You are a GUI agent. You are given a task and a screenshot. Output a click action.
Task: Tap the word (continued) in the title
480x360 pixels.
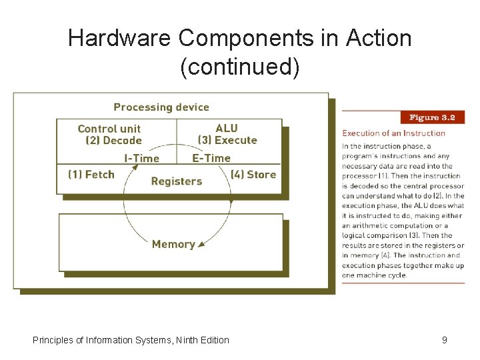(x=240, y=67)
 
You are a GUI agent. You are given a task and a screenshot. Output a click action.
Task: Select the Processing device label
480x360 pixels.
(x=161, y=107)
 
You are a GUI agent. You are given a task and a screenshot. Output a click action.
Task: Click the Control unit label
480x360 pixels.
(x=109, y=129)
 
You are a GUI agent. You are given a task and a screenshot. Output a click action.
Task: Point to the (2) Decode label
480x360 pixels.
(x=114, y=141)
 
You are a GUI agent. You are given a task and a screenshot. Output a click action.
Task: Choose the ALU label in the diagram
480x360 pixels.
(x=227, y=128)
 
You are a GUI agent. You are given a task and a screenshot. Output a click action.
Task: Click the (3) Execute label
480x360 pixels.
(x=227, y=140)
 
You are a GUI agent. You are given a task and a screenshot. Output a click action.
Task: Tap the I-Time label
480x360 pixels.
(x=142, y=158)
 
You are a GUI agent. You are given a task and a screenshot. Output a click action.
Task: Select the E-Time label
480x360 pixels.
(x=211, y=158)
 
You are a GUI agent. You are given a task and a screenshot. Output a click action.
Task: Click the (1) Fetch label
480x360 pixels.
(x=91, y=175)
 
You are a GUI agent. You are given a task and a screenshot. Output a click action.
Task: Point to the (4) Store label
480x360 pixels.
(x=253, y=175)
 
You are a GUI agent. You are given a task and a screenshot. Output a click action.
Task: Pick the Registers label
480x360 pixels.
(x=177, y=181)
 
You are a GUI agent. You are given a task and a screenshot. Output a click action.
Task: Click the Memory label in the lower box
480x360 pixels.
(x=173, y=244)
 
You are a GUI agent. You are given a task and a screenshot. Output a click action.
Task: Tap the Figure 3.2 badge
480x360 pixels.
(x=432, y=117)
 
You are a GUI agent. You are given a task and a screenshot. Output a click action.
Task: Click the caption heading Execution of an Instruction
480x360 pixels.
(x=393, y=133)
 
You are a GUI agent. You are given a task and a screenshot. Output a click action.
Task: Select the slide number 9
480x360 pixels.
(x=445, y=340)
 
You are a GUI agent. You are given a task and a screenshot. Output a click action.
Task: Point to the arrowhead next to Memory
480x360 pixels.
(x=201, y=245)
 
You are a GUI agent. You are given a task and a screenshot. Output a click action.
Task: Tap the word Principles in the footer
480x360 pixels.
(x=53, y=340)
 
